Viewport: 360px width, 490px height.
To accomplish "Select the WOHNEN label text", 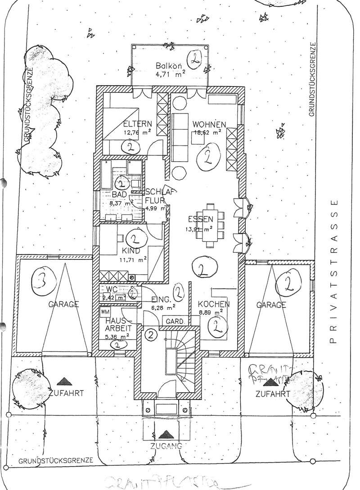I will [x=209, y=124].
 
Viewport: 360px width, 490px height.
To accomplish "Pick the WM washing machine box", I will [x=105, y=312].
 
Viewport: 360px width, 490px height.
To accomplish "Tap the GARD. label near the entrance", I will [x=175, y=322].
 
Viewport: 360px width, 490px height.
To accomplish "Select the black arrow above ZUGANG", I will [x=165, y=434].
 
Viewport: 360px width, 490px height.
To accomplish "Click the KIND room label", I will [x=131, y=251].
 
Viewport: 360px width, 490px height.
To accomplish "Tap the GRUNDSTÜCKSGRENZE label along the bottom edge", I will [x=56, y=460].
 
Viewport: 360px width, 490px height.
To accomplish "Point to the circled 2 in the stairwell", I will [x=151, y=335].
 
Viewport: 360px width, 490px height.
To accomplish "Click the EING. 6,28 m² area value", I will [x=161, y=308].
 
